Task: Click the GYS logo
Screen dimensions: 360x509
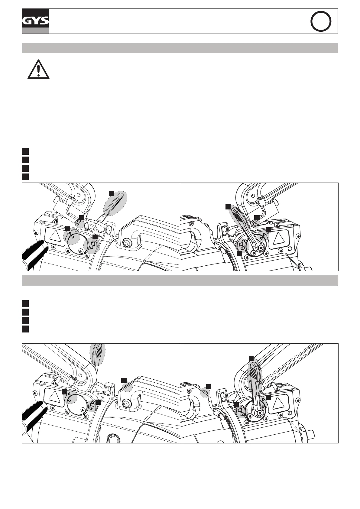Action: click(35, 21)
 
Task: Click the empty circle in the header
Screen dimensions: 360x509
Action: click(321, 21)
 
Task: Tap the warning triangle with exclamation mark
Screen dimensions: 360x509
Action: click(38, 70)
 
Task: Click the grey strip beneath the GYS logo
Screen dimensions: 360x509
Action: click(35, 31)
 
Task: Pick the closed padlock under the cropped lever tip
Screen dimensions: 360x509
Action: click(92, 404)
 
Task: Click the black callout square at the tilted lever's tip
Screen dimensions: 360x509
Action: click(228, 206)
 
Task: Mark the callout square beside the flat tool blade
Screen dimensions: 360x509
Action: click(111, 193)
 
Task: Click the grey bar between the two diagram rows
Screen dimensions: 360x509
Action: click(180, 280)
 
